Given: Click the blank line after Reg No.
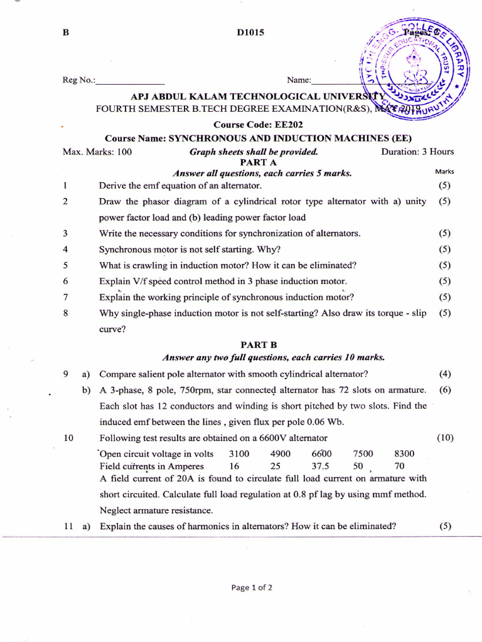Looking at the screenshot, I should [x=130, y=81].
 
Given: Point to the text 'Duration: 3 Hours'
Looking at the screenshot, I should [x=417, y=152].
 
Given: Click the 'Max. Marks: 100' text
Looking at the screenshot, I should [x=97, y=152].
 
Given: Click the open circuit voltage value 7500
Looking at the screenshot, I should [x=363, y=454].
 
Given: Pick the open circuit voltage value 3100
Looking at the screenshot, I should [x=239, y=454].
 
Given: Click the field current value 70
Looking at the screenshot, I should [x=399, y=466].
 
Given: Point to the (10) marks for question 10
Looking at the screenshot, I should [x=445, y=438].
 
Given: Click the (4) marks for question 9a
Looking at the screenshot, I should [x=445, y=374].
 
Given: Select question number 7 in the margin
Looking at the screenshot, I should [x=65, y=297].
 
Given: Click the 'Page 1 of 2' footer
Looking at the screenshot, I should [x=252, y=588].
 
